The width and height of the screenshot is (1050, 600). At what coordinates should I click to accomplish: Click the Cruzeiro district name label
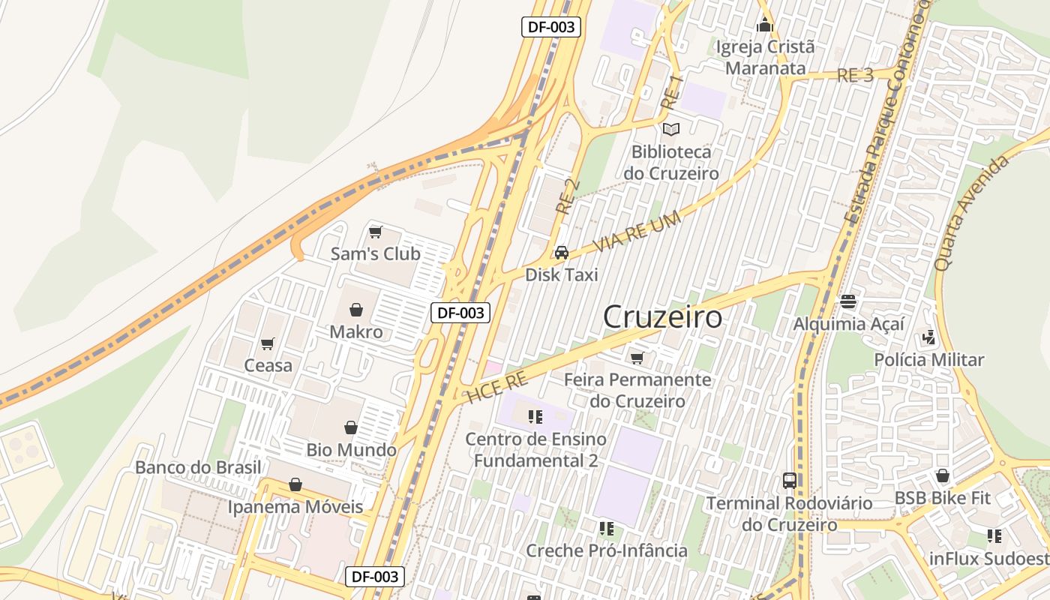coord(663,317)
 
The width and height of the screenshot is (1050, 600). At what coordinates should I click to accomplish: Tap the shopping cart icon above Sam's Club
coord(376,232)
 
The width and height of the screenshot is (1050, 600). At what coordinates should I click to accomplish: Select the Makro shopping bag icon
coord(356,309)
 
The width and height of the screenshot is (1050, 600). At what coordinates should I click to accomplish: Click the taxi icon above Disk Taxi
coord(562,253)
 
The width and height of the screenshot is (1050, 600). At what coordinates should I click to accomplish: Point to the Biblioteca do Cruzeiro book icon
coord(671,129)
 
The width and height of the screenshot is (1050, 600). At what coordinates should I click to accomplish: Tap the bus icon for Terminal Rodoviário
coord(789,480)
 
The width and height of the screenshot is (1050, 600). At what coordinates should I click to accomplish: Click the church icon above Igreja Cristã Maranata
coord(765,25)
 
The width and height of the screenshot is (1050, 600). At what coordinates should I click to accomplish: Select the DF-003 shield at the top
coord(551,27)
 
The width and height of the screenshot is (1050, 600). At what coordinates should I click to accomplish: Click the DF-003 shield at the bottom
coord(375,577)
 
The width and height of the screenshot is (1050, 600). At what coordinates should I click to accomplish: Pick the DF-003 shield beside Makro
coord(460,313)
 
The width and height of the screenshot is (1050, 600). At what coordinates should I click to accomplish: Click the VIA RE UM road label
coord(637,232)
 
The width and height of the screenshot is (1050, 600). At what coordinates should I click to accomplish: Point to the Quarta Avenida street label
coord(972,213)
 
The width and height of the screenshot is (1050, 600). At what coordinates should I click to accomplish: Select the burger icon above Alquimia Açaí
coord(848,301)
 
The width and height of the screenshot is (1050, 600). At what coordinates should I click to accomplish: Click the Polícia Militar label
coord(928,360)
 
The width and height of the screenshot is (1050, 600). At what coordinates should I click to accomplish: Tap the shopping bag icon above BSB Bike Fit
coord(943,475)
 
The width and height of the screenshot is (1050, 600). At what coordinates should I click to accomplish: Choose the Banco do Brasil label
coord(198,467)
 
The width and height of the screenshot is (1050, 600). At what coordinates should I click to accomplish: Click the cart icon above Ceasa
coord(268,343)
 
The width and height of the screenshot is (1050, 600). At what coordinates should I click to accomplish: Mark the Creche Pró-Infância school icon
coord(607,529)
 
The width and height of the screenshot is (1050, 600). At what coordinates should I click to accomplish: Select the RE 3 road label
coord(855,75)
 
